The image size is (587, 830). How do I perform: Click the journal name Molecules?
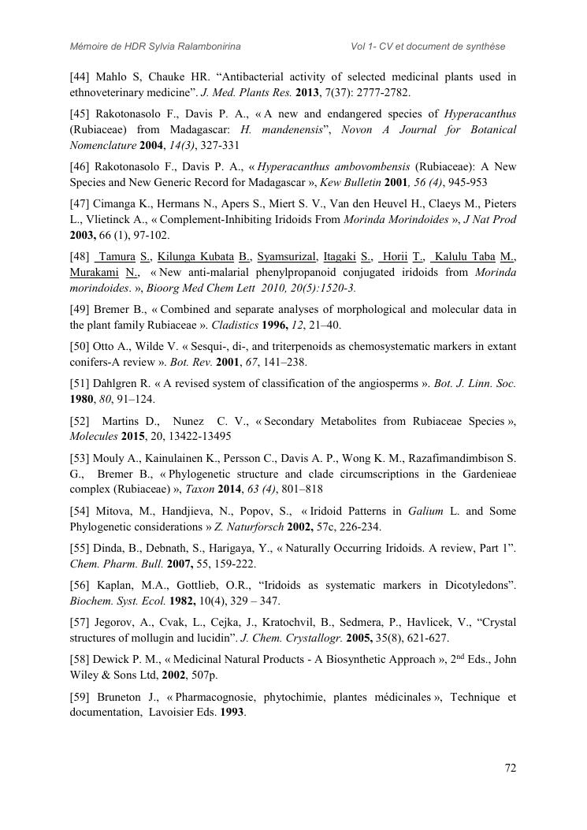93,436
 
